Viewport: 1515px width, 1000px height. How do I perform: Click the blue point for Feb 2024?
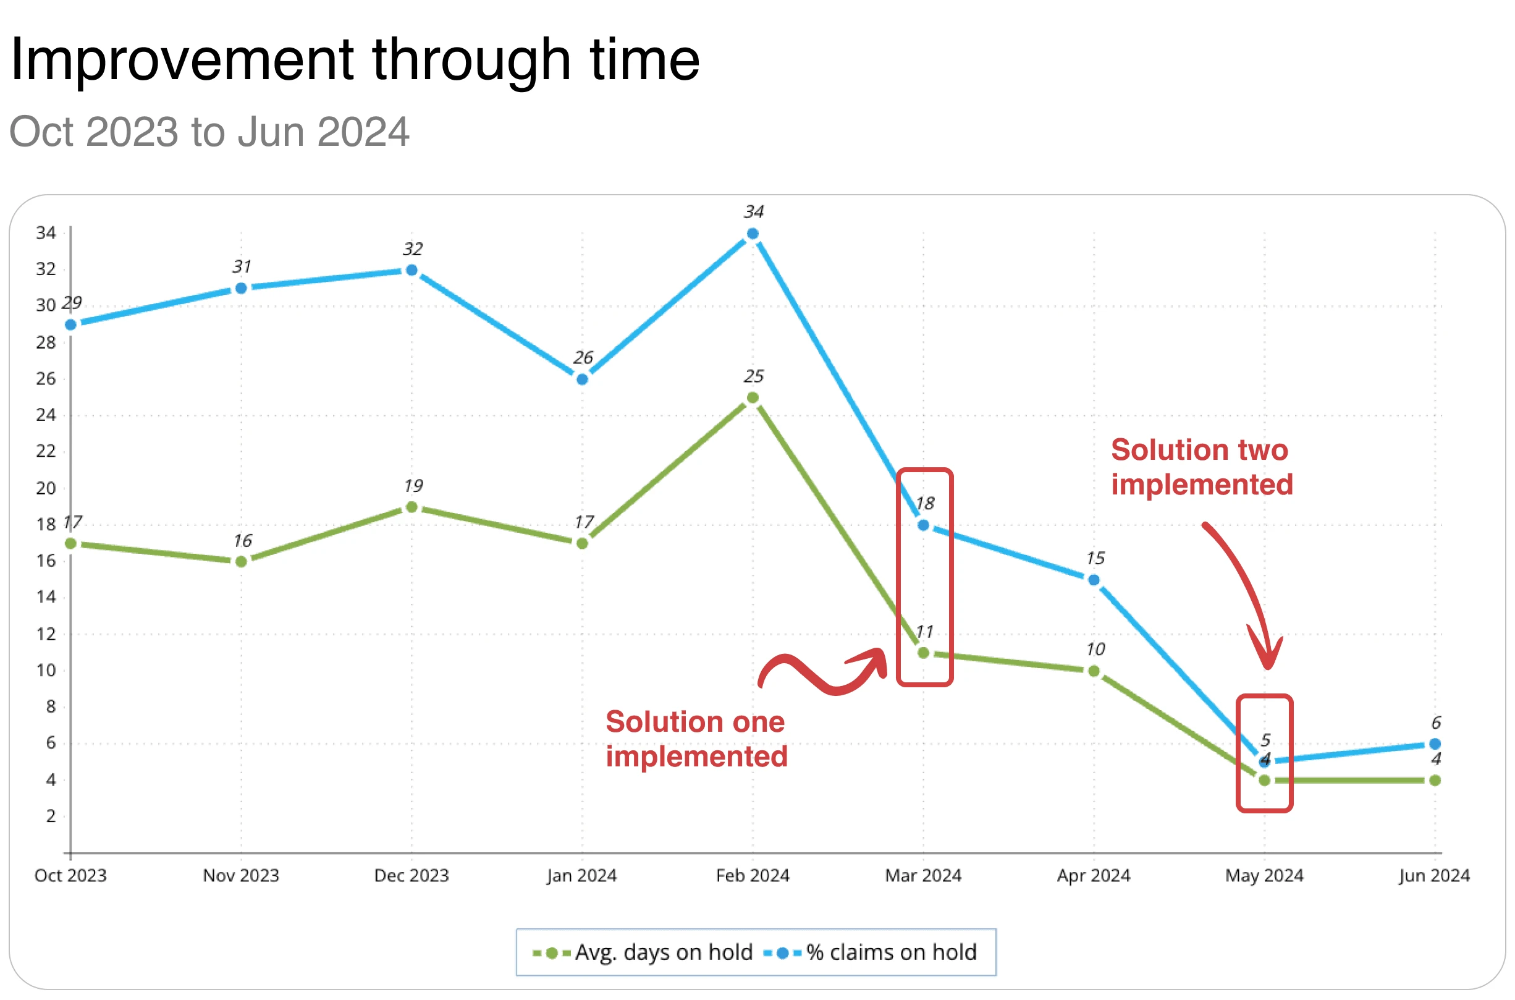pos(753,234)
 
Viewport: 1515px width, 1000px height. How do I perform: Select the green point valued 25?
pos(753,398)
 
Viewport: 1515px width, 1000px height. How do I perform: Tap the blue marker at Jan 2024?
pos(582,379)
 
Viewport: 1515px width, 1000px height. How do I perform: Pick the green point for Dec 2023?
pos(412,507)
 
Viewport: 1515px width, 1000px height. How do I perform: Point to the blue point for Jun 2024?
pos(1435,744)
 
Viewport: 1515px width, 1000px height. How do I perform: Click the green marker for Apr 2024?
pos(1094,671)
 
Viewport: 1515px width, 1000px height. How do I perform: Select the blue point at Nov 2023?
pos(241,288)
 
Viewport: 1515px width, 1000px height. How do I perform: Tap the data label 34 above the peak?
pos(754,212)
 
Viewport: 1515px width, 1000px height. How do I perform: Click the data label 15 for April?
pos(1095,559)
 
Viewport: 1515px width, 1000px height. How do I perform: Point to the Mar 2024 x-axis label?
pos(923,876)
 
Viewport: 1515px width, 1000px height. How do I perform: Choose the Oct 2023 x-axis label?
pos(70,876)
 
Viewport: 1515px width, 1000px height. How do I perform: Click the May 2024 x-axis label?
pos(1264,876)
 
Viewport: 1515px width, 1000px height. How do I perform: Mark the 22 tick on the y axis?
pos(46,452)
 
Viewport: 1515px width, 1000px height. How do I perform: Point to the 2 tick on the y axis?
pos(51,816)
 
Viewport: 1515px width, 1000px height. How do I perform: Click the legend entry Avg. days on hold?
pos(644,953)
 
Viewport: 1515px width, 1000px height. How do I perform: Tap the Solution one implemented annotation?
pos(696,739)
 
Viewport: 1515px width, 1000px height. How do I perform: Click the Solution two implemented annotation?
pos(1202,467)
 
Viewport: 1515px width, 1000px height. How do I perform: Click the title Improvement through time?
pos(355,59)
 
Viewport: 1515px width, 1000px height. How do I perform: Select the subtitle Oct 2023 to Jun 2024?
pos(208,132)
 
